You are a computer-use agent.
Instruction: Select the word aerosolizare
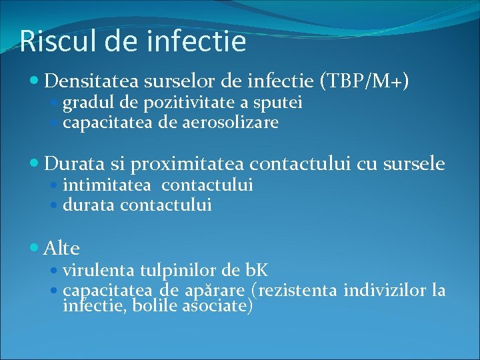[x=227, y=123]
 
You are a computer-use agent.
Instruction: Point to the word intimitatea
[x=107, y=185]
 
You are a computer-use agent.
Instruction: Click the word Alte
[x=61, y=249]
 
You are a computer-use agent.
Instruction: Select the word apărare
[x=215, y=291]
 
